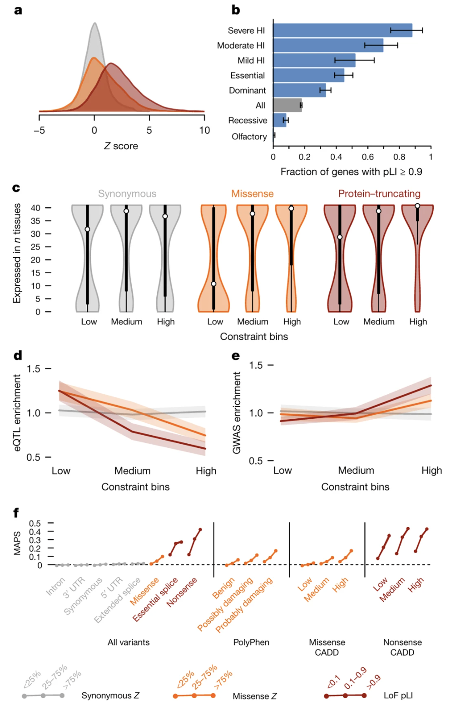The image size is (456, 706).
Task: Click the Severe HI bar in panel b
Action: [342, 30]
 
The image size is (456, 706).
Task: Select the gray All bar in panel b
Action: [287, 105]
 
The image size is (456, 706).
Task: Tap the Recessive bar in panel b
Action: [280, 120]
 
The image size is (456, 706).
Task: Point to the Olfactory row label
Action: [249, 137]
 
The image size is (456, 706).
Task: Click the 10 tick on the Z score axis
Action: [204, 131]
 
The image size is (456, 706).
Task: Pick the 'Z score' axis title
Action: [121, 146]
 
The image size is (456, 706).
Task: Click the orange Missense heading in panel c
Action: [253, 194]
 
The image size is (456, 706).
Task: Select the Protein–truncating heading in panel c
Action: [379, 194]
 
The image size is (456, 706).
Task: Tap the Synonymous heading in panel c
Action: [127, 194]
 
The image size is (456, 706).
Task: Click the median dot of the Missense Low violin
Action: [213, 284]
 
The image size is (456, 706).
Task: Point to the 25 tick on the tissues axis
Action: [35, 247]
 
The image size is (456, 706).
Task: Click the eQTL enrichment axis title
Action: [18, 412]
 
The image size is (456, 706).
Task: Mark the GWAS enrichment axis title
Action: [237, 412]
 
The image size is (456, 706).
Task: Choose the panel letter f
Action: [16, 513]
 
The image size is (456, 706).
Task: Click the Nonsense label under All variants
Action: [182, 592]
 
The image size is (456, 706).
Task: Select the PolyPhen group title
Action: [251, 642]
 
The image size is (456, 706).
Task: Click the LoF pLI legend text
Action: [398, 696]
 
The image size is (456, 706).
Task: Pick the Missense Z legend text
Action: [254, 696]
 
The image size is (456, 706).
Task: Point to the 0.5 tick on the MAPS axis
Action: [35, 524]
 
